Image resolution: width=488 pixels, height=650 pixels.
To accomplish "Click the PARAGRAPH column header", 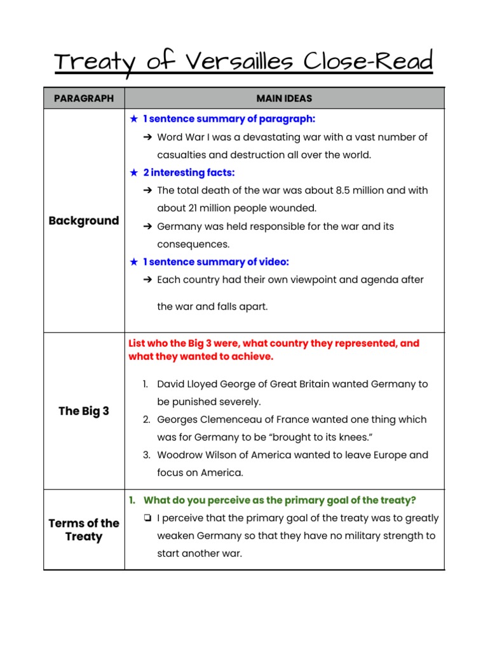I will tap(84, 98).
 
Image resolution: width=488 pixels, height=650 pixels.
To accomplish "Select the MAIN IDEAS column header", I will tap(284, 98).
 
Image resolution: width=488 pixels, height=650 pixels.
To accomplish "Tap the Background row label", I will tap(84, 221).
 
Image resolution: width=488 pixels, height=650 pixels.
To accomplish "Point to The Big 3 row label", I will tap(84, 411).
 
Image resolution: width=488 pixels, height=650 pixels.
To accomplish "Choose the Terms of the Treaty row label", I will tap(84, 529).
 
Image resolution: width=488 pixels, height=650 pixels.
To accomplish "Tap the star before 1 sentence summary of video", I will tap(133, 262).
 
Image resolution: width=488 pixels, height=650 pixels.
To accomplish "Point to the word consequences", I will tap(193, 244).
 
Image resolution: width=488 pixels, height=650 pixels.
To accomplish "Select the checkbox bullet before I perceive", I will tap(147, 518).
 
